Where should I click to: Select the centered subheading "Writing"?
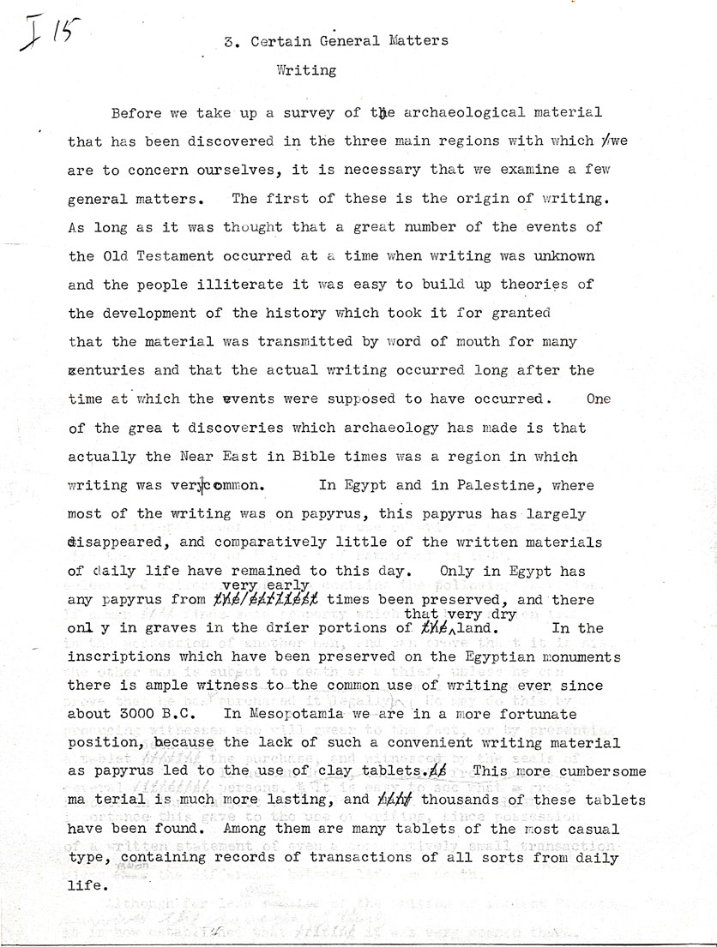tap(306, 71)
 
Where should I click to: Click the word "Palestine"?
tap(500, 485)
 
